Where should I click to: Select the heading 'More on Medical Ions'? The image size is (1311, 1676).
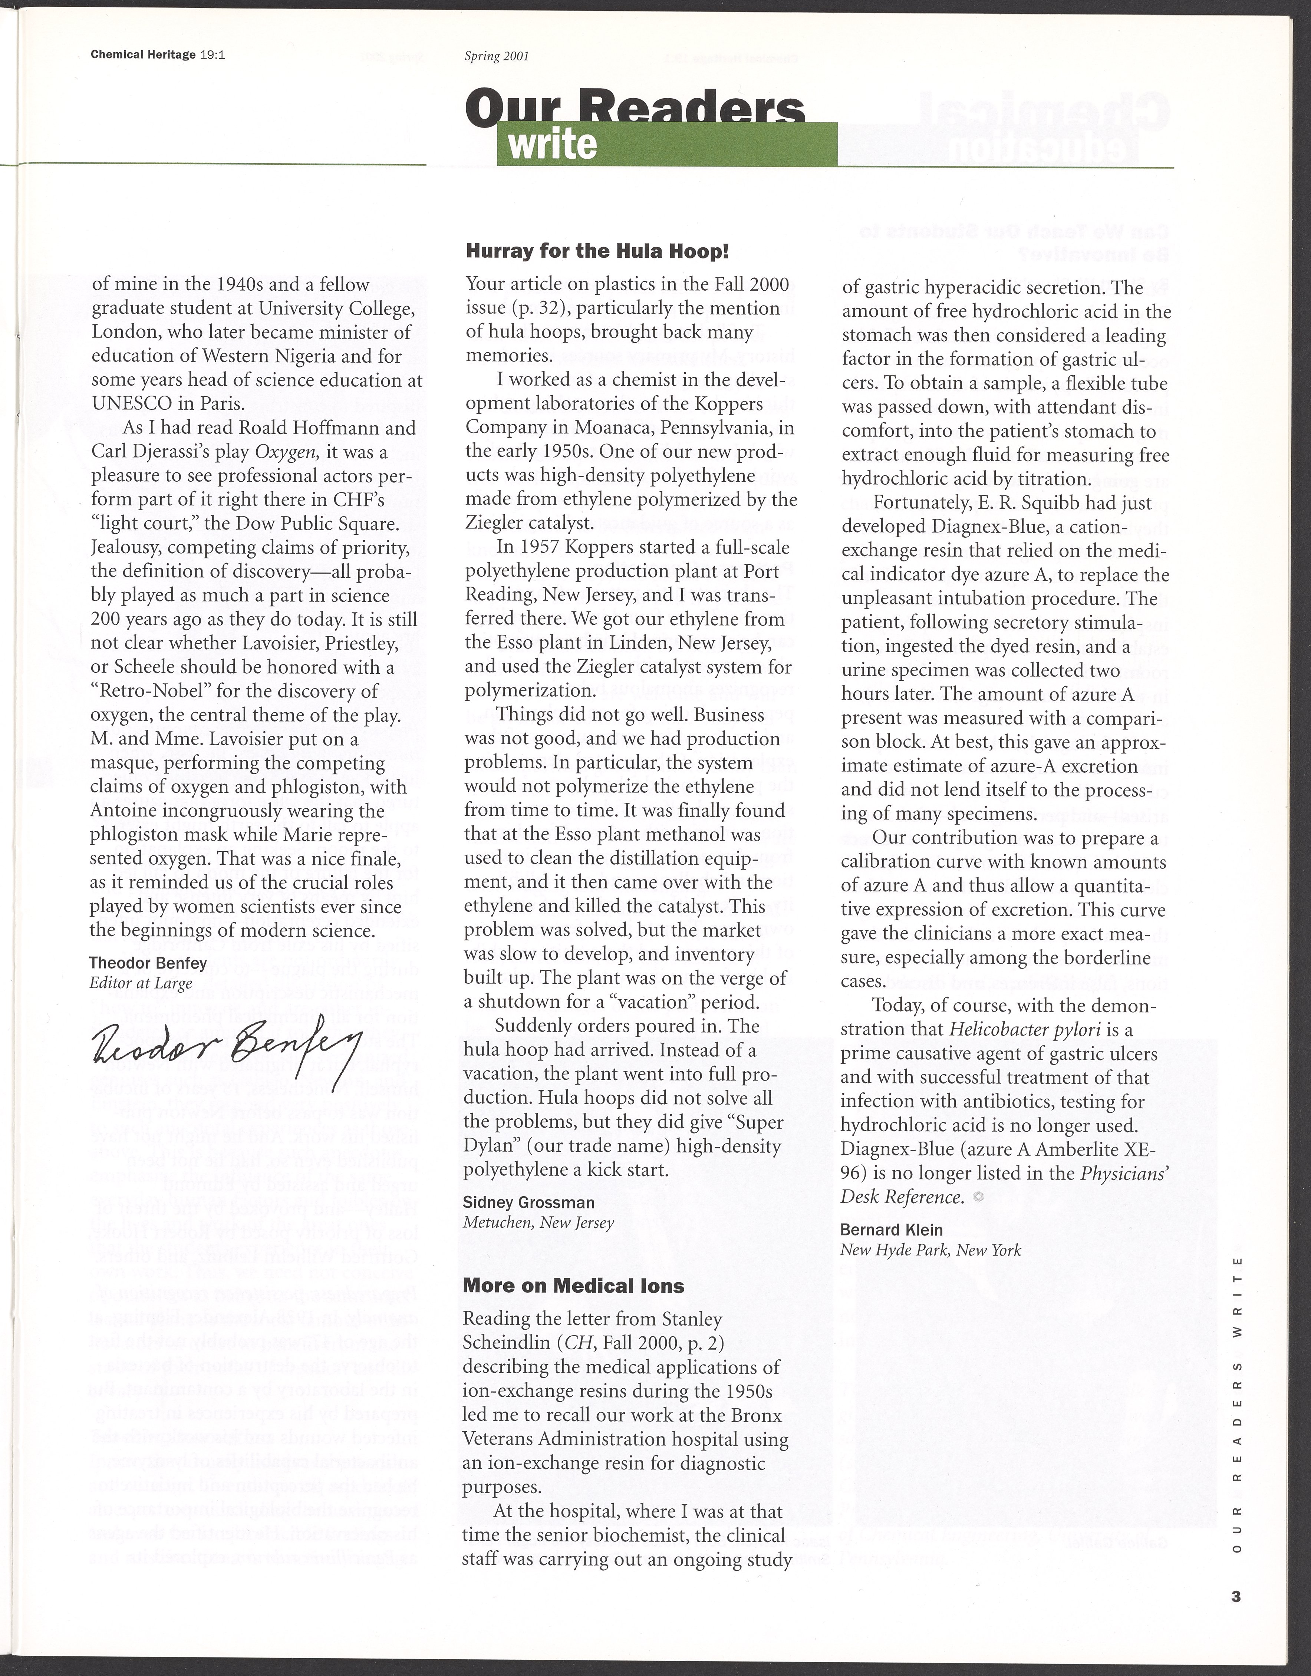pos(573,1286)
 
